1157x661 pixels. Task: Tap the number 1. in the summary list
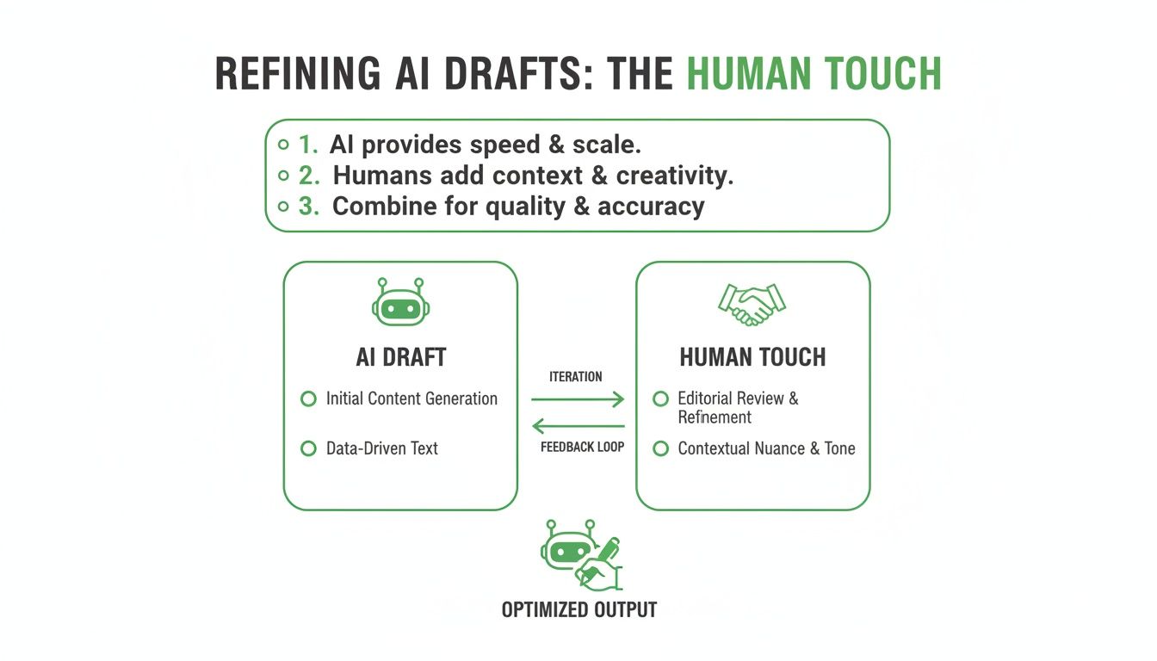[x=308, y=145]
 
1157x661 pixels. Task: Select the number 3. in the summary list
[x=308, y=207]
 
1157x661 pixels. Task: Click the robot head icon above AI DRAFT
[x=400, y=302]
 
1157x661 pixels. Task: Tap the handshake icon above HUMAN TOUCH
[x=752, y=304]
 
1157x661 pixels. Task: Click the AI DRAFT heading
[x=400, y=357]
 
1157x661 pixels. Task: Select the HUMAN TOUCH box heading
[x=752, y=357]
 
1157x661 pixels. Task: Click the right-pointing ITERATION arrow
[x=577, y=398]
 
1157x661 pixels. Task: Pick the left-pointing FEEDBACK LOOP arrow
[x=577, y=425]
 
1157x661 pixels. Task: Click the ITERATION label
[x=575, y=377]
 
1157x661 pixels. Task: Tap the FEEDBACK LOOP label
[x=582, y=448]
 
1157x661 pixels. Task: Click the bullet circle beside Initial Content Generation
[x=308, y=399]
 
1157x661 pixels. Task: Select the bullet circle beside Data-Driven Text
[x=308, y=448]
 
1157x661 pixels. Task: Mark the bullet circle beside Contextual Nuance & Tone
[x=661, y=448]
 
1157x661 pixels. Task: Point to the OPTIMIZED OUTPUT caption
[x=579, y=610]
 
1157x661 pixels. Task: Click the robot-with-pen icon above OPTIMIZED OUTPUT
[x=579, y=554]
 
